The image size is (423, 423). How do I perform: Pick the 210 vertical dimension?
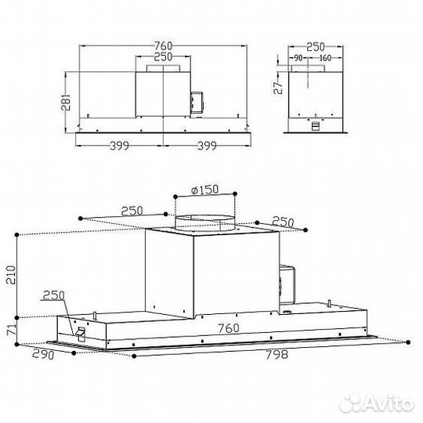(10, 274)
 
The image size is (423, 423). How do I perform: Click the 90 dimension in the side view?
(298, 57)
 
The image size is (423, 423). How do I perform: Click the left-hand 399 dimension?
(119, 145)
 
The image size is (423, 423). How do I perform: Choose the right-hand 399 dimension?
(208, 145)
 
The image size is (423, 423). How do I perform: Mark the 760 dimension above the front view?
(163, 45)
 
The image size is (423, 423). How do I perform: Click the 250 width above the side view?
(316, 45)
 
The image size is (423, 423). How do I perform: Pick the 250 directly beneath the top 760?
(163, 57)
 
